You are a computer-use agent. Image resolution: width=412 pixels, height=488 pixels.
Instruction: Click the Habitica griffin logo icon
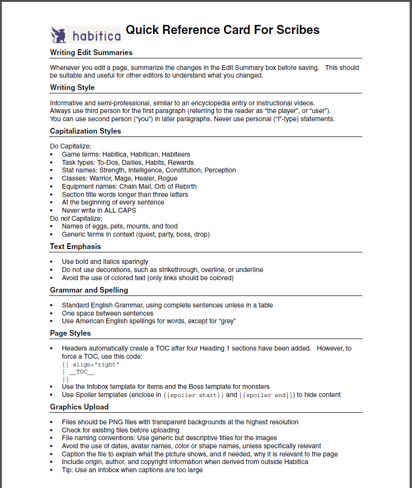60,35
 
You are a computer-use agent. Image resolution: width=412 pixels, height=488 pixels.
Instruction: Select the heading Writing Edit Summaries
91,52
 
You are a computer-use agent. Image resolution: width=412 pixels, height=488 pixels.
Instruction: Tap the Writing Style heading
72,87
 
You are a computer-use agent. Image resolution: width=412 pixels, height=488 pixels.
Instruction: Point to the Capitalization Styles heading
85,131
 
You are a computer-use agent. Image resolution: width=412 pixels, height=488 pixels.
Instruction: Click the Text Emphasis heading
75,246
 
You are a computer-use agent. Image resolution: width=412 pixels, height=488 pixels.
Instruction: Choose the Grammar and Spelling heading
89,290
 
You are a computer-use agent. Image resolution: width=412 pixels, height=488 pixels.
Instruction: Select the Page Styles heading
70,333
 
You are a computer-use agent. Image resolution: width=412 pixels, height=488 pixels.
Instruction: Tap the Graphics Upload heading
79,407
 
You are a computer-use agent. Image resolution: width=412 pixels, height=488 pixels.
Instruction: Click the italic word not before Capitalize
65,218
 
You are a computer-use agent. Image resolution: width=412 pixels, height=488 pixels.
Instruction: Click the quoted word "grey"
227,321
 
